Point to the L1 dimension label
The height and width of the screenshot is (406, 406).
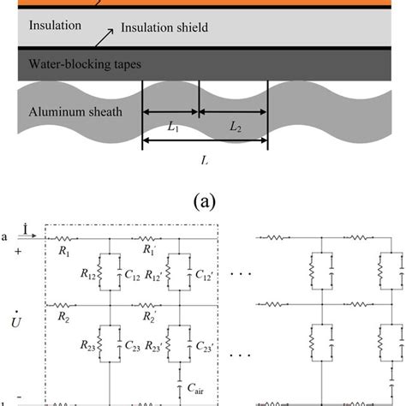[174, 126]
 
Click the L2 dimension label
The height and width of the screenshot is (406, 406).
[235, 126]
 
